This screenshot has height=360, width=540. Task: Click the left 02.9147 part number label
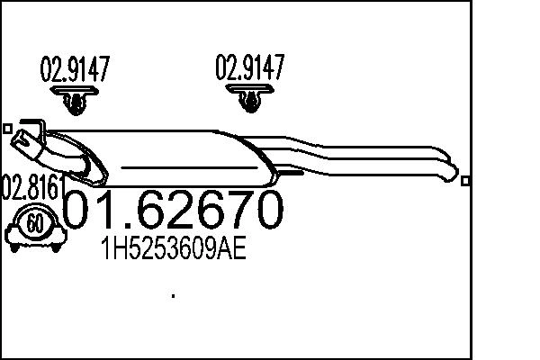(75, 69)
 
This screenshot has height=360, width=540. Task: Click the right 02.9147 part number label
(249, 67)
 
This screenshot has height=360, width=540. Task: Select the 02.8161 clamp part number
(32, 189)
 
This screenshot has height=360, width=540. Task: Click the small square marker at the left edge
(7, 128)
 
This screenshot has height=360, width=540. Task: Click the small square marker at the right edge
(464, 180)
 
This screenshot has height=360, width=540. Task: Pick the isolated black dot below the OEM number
(172, 294)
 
